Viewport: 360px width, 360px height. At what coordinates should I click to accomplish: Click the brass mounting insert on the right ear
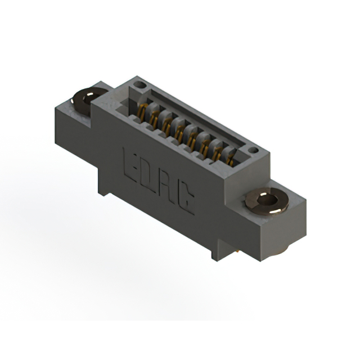click(x=267, y=201)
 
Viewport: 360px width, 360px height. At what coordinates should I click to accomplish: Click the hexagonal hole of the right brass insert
click(x=268, y=200)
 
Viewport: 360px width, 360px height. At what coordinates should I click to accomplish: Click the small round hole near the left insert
click(x=139, y=84)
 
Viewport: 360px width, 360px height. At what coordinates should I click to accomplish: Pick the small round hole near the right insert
click(x=254, y=150)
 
